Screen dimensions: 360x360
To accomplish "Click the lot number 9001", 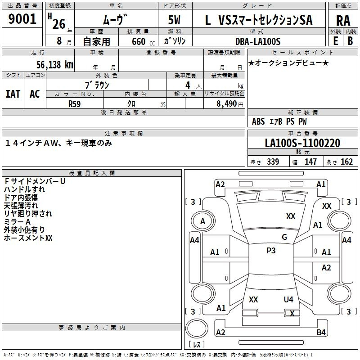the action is coord(22,19).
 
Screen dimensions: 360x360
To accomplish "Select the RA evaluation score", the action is coord(343,21).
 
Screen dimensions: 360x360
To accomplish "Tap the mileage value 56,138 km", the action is coord(55,65).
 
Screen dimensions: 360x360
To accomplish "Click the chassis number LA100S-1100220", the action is coord(302,143).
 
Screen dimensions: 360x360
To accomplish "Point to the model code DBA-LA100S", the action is coord(258,41).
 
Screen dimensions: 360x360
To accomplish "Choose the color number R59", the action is coord(74,104).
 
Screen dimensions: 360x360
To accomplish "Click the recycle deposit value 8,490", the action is coord(227,104).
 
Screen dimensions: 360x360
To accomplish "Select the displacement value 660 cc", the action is coord(143,42).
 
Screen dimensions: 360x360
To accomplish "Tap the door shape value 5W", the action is coord(174,20).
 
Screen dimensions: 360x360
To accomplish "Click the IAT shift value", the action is coord(13,94).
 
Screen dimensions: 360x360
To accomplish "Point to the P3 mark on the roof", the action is coord(271,251).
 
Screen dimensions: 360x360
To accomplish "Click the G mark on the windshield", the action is coord(284,237).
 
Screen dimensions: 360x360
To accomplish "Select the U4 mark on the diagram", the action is coord(288,299).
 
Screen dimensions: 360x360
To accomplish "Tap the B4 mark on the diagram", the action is coord(321,332).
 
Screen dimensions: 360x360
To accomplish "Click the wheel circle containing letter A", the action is coord(203,221).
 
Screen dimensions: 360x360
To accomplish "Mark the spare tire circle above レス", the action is coord(197,328).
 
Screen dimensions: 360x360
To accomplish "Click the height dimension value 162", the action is coord(346,162).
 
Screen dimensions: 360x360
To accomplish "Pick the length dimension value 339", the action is coord(273,162).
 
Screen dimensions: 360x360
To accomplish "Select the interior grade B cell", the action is coord(351,41).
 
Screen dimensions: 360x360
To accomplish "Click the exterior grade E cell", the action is coord(336,41).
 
